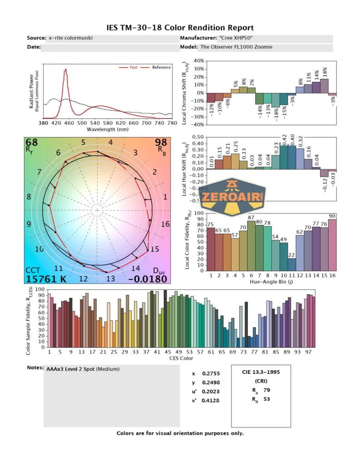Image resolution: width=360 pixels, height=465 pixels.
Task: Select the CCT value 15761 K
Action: [46, 279]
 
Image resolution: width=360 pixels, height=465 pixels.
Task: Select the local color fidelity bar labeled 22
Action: [292, 264]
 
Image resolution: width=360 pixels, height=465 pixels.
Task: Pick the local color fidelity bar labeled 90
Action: [332, 245]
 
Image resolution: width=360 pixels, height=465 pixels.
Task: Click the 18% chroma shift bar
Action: [324, 86]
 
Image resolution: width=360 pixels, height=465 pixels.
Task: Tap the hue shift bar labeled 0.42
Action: [284, 157]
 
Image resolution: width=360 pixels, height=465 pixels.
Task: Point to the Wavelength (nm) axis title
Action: [108, 129]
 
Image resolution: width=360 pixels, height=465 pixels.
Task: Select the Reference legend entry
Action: [161, 67]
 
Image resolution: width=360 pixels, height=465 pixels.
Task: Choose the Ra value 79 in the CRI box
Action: [267, 390]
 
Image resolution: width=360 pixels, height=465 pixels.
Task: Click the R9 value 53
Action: [267, 400]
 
